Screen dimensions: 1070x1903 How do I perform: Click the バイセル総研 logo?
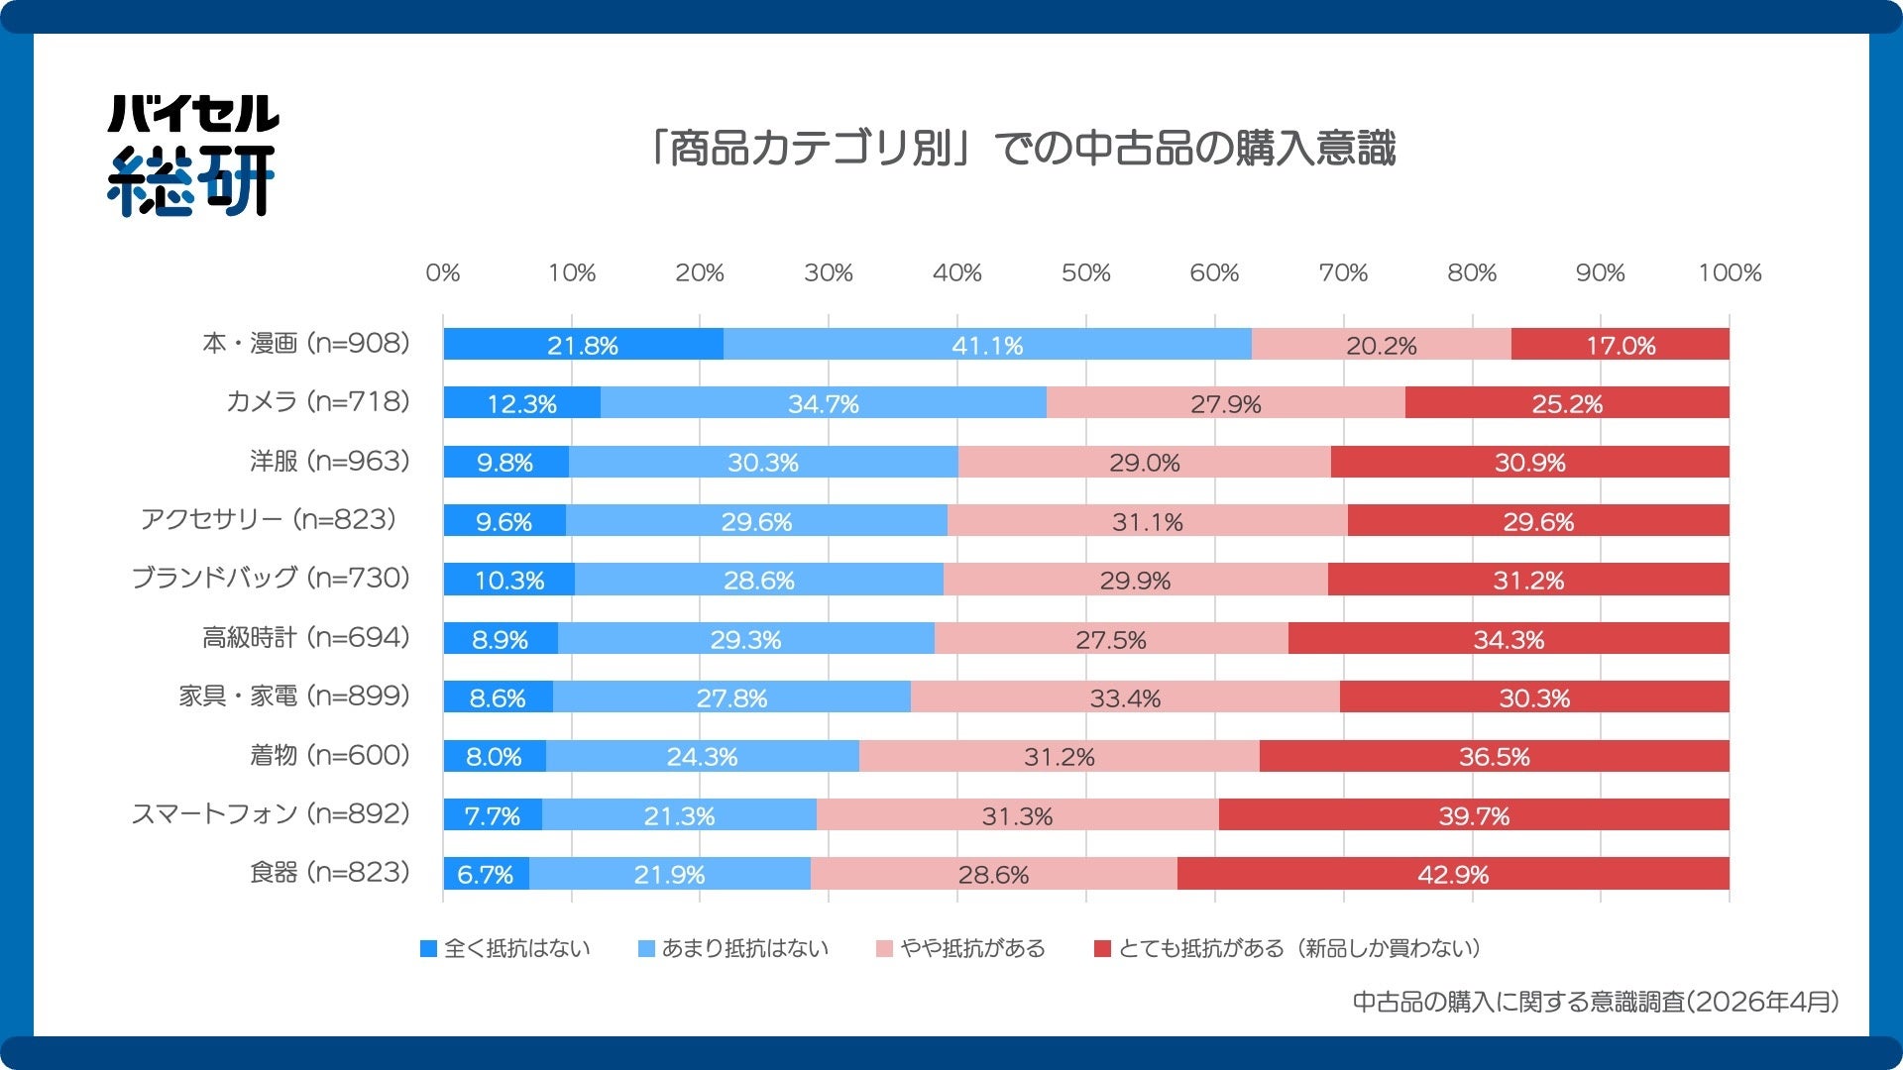191,155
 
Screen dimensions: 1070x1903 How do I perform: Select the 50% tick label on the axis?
1085,273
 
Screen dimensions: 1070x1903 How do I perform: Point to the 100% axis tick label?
1729,273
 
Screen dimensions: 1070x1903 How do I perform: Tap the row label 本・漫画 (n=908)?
305,344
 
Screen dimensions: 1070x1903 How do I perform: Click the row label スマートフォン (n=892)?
271,814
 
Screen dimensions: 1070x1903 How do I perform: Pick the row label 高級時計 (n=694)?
305,638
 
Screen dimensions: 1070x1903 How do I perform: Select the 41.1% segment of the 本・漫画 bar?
987,345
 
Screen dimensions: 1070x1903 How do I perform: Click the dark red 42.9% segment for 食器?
1453,874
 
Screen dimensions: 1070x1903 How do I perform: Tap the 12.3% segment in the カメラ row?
521,403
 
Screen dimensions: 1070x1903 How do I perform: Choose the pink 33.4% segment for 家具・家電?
1125,697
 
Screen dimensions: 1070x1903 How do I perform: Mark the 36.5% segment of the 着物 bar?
1494,757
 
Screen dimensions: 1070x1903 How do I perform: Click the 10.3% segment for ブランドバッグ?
509,580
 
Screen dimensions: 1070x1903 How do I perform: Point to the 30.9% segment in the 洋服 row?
1529,462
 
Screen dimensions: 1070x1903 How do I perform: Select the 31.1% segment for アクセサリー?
1147,521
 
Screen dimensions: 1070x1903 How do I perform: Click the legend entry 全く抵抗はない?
505,949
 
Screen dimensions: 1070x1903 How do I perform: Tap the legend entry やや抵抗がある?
961,949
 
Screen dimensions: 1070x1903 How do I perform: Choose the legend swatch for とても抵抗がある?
1102,949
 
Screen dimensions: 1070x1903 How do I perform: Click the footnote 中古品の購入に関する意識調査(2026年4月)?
1596,1003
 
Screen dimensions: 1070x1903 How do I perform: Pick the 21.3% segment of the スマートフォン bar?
679,815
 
